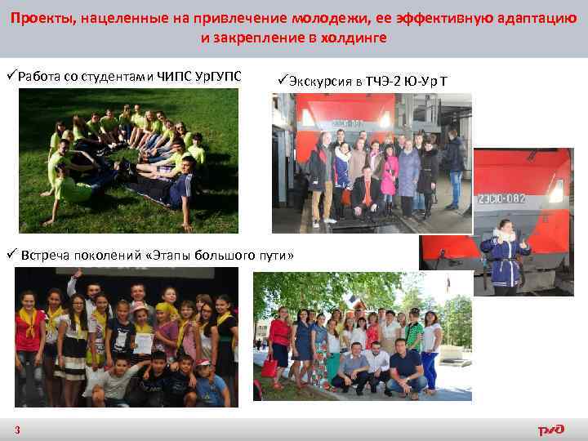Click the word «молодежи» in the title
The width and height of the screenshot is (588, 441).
pos(321,18)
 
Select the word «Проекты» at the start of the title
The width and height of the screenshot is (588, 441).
pos(41,18)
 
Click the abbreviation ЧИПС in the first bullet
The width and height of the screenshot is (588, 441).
pos(172,77)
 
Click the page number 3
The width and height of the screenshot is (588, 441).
pos(17,430)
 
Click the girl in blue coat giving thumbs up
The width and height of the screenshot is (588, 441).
pos(502,253)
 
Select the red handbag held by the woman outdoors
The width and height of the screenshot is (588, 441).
pos(269,367)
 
